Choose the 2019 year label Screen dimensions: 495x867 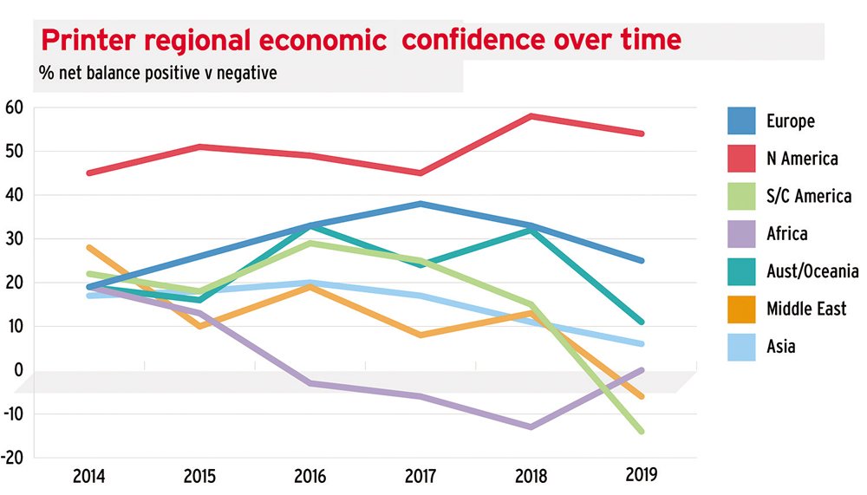click(x=642, y=475)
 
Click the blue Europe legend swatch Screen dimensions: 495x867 click(x=743, y=120)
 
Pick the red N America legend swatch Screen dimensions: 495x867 click(x=743, y=159)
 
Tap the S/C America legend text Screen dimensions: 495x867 click(x=808, y=196)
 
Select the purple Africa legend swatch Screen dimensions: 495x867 click(x=743, y=234)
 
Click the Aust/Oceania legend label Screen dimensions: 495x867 click(x=812, y=271)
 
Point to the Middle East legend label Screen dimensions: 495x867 click(x=806, y=309)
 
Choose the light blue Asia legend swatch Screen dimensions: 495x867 click(x=743, y=347)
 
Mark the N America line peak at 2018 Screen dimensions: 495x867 click(x=531, y=116)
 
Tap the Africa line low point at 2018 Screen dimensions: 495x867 click(x=531, y=427)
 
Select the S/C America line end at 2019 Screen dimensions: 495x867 click(x=641, y=431)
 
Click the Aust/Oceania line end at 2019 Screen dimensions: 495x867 click(x=641, y=322)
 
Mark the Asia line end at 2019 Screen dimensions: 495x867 click(x=641, y=343)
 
